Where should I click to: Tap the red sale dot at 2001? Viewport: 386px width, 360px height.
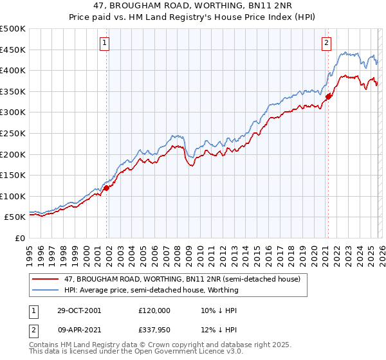(107, 188)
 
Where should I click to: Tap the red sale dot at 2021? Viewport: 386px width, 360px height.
(328, 96)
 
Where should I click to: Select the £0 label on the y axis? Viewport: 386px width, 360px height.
(19, 238)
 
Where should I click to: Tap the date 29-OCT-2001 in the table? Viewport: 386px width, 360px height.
(78, 310)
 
